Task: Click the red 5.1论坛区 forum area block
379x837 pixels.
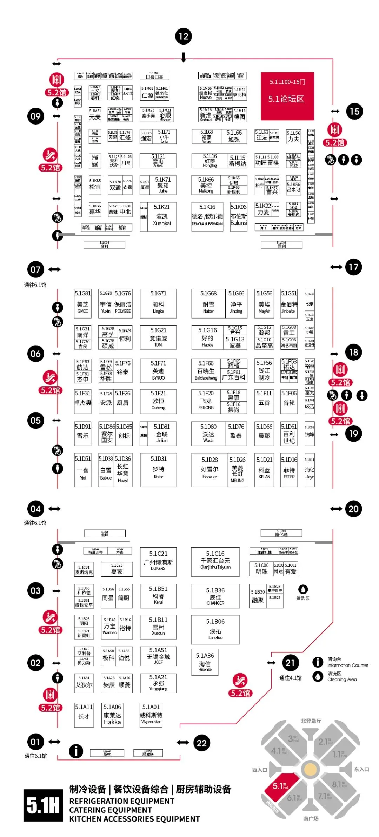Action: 287,96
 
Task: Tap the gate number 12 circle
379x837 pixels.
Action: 184,36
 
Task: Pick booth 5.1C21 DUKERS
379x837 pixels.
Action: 158,561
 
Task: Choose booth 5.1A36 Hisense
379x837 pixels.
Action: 205,662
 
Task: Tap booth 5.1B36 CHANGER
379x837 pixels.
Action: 215,596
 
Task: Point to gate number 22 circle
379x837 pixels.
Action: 202,743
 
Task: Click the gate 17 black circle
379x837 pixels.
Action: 353,267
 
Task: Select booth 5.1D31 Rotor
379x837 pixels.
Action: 159,469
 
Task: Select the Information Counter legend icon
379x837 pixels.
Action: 318,662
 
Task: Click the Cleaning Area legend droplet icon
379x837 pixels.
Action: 318,676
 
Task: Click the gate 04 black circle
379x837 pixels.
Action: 35,509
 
